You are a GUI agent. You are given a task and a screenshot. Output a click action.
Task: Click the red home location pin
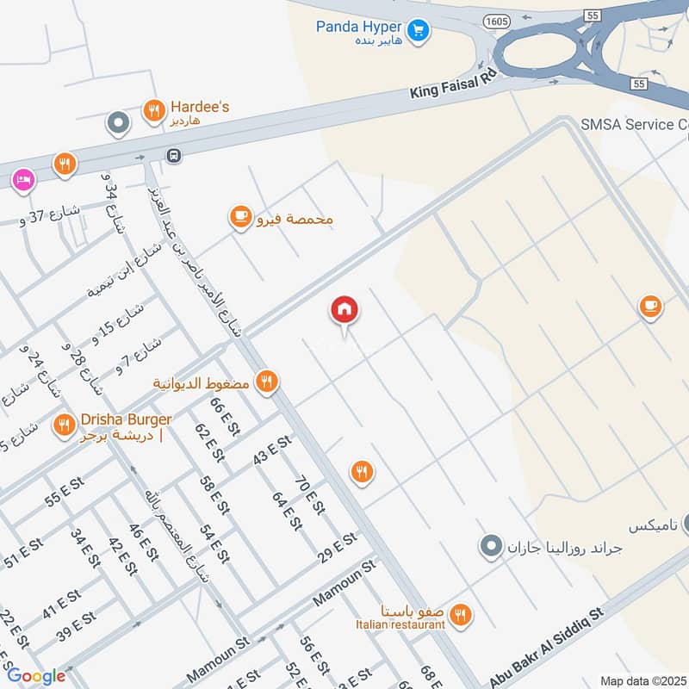344,310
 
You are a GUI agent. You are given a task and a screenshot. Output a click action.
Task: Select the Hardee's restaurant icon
153,110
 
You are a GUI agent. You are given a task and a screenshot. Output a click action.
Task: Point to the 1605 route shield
496,19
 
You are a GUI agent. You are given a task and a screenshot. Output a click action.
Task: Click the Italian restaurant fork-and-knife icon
462,614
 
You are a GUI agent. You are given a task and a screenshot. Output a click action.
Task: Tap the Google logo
36,676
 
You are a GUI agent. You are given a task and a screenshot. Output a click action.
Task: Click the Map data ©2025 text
642,680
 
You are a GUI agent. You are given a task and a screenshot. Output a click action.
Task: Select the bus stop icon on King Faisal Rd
174,156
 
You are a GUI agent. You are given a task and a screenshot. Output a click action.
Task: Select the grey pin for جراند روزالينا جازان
491,546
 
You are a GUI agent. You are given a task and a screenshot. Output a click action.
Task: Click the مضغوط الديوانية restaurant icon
267,382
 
